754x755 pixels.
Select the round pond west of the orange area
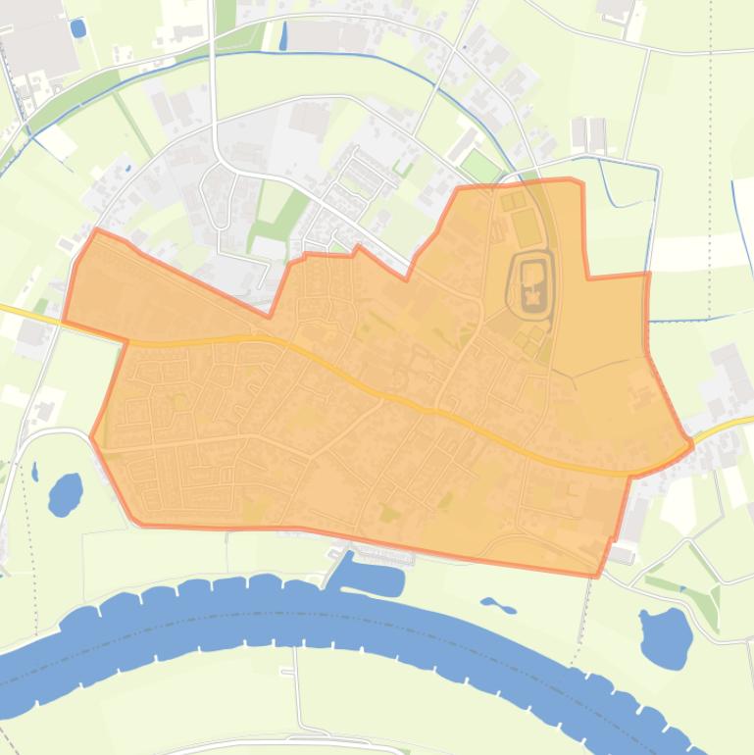[66, 493]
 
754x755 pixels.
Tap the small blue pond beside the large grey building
[77, 27]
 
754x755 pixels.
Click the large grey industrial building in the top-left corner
[39, 39]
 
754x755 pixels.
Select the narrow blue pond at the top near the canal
[283, 36]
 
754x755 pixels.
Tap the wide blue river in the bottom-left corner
[59, 667]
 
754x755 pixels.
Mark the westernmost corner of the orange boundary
[65, 321]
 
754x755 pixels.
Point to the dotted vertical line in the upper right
[710, 147]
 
